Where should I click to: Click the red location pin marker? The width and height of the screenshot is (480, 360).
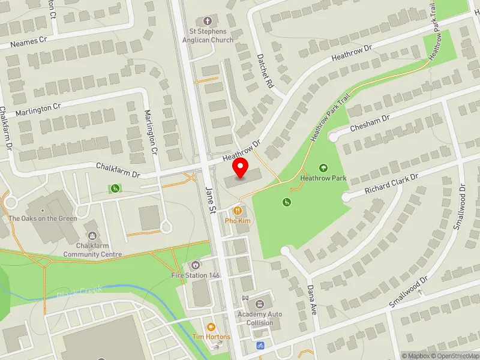241,168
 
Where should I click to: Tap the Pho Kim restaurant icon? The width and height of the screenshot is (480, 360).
238,211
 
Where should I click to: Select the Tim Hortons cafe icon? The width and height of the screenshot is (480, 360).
211,327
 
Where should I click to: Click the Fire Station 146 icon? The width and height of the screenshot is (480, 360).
195,265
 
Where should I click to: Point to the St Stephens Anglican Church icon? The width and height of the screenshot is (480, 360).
208,21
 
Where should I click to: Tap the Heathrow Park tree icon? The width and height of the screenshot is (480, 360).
323,168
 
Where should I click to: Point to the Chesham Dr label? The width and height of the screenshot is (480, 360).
370,123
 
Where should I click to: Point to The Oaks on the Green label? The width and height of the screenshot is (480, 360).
43,218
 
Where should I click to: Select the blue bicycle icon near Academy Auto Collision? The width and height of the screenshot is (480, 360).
260,346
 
